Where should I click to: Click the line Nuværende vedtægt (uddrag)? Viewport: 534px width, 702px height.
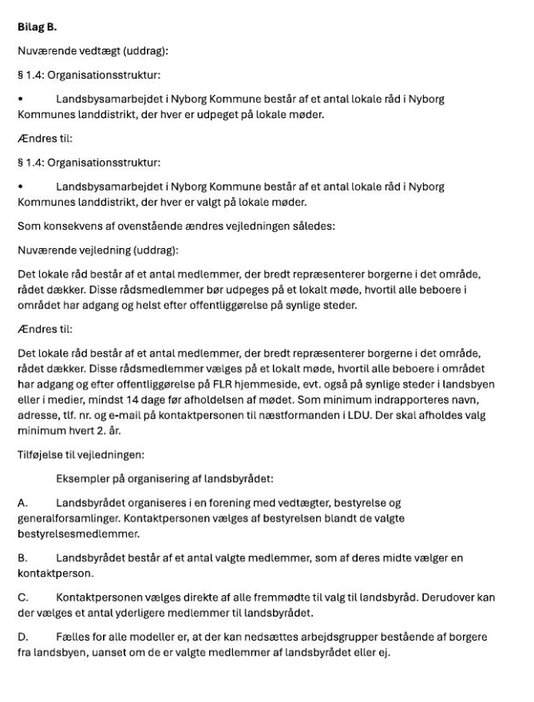click(x=93, y=53)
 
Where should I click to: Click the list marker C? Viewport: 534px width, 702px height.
click(x=22, y=596)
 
